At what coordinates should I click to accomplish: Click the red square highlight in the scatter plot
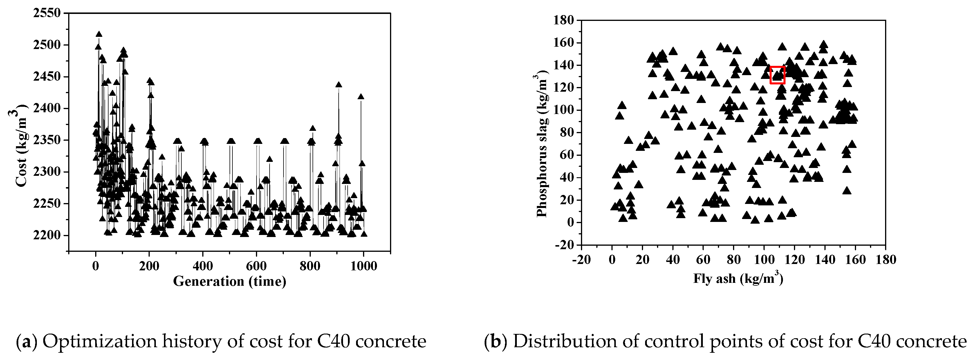point(777,75)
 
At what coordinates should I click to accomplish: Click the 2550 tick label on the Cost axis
point(47,13)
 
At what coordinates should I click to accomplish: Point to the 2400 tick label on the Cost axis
point(47,108)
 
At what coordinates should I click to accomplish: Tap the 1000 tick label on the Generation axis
point(363,266)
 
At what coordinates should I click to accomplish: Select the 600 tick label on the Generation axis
point(257,266)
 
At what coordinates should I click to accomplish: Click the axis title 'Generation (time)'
point(230,281)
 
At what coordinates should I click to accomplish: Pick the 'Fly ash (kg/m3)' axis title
point(738,278)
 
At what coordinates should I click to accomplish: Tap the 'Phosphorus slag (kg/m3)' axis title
point(542,144)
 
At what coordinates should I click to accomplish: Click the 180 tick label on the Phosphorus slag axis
point(564,20)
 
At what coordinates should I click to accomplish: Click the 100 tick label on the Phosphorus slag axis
point(564,110)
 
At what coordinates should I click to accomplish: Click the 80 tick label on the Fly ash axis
point(734,260)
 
